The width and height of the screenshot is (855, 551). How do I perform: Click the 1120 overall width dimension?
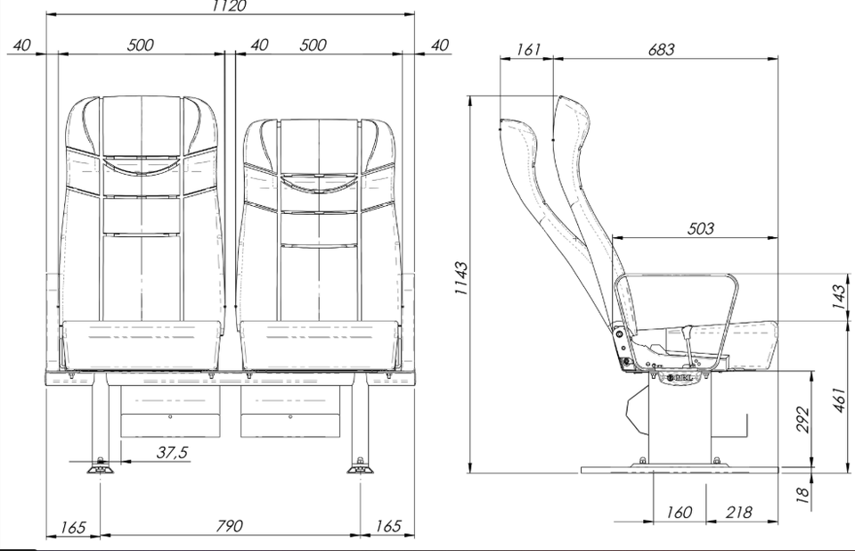229,5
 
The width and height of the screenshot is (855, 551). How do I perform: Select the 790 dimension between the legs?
229,526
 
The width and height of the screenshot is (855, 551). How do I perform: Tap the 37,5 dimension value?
172,452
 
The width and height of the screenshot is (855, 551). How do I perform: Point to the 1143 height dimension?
461,278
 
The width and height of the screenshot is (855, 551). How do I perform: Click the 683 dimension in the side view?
661,50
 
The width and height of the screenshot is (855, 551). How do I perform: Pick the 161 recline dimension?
528,49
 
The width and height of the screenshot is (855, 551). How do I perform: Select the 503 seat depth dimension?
700,228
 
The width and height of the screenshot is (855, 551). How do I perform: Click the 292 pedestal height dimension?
802,419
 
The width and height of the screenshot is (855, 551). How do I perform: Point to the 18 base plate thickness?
802,495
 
